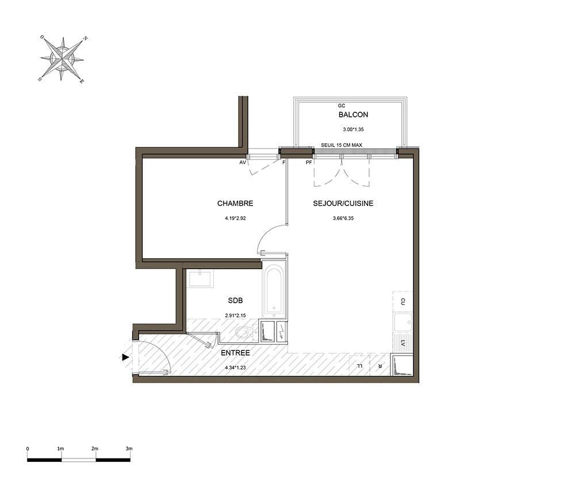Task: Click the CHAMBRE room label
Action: (x=235, y=203)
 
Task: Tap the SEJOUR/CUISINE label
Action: (x=343, y=203)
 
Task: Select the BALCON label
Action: (x=353, y=114)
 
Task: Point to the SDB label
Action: (x=235, y=300)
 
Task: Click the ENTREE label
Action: (x=235, y=353)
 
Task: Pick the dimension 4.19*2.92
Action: (x=235, y=218)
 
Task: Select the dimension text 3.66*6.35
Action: (x=343, y=218)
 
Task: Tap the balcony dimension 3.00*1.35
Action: (x=353, y=129)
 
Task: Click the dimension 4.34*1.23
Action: (x=235, y=368)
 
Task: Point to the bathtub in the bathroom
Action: (x=274, y=290)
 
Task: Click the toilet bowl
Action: (x=243, y=333)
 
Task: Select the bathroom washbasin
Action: (x=200, y=279)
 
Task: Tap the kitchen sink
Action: (x=402, y=323)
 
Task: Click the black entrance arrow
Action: (x=126, y=357)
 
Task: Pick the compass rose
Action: (x=63, y=59)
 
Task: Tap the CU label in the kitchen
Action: (x=402, y=302)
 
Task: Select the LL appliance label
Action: (x=360, y=366)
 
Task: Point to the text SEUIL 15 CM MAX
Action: (x=342, y=146)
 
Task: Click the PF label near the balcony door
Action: (x=309, y=162)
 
